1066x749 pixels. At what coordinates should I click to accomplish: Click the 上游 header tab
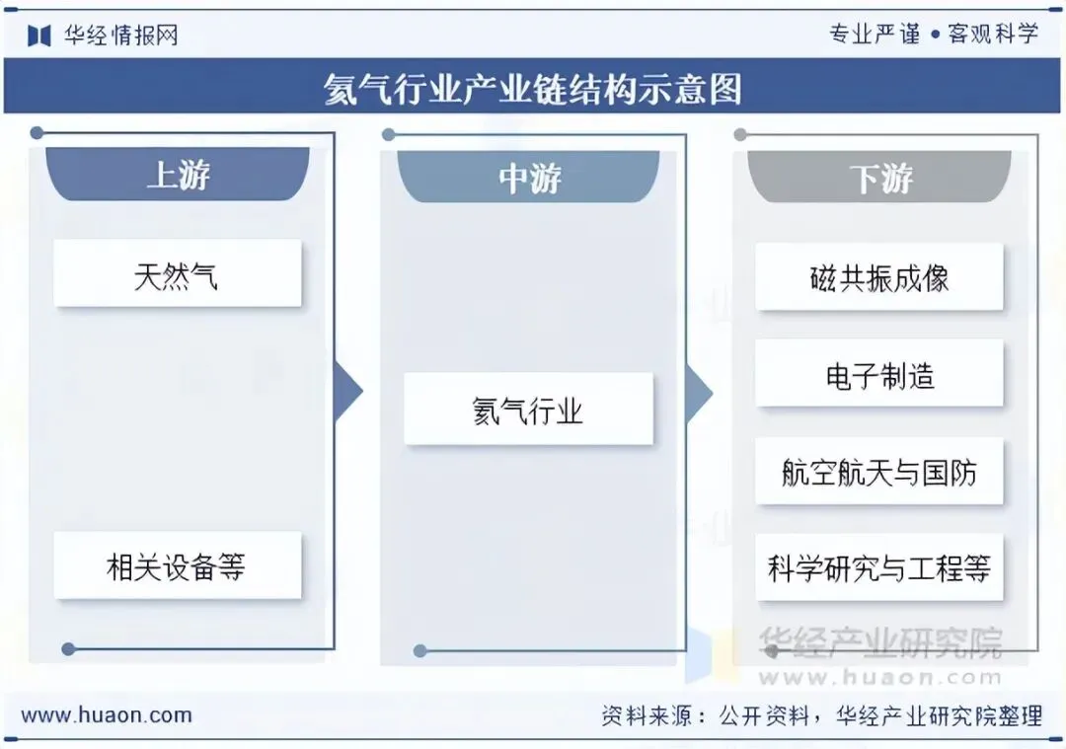point(178,176)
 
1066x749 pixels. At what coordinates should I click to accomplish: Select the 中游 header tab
point(529,178)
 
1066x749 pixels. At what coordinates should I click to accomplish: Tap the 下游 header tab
point(880,179)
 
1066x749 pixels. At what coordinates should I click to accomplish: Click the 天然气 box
point(177,274)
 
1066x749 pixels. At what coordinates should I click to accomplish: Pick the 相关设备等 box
point(177,565)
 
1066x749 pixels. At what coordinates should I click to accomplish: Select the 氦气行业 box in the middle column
point(528,410)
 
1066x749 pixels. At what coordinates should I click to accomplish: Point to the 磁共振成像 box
point(879,277)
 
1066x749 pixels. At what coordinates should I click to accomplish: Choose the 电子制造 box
point(879,374)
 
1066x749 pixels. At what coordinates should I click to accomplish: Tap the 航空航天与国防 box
point(879,472)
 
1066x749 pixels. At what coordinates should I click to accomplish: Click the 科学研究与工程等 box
point(879,567)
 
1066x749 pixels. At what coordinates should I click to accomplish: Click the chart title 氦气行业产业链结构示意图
point(533,89)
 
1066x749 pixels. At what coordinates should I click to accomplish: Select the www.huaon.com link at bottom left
point(107,715)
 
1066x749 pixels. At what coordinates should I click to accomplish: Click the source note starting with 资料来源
point(821,715)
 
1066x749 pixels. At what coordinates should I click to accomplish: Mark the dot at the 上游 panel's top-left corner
point(37,132)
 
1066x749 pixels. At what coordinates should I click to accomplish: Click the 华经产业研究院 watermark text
point(879,642)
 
